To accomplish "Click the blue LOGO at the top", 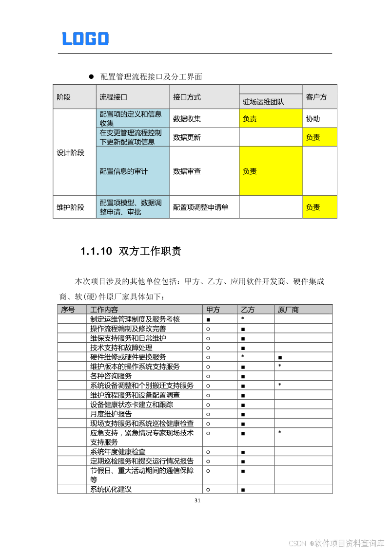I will point(85,38).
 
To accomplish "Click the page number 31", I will point(197,500).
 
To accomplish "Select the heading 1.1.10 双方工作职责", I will point(131,251).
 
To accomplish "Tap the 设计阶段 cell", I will point(71,153).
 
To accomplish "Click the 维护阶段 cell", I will point(71,207).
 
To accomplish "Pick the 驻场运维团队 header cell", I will point(263,102).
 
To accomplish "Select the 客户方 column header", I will point(316,97).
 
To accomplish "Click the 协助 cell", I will point(313,119).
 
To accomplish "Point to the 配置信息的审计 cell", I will point(124,171).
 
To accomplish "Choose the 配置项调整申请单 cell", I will point(201,207).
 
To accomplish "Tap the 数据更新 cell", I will point(187,138).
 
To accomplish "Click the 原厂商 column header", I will point(288,310).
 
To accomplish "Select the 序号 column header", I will point(68,310).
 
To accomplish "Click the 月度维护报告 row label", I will point(111,414).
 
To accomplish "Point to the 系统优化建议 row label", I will point(111,489).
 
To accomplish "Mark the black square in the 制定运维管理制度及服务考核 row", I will point(208,320).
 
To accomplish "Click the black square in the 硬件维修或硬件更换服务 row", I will point(280,358).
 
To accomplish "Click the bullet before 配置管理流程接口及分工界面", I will point(91,77).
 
